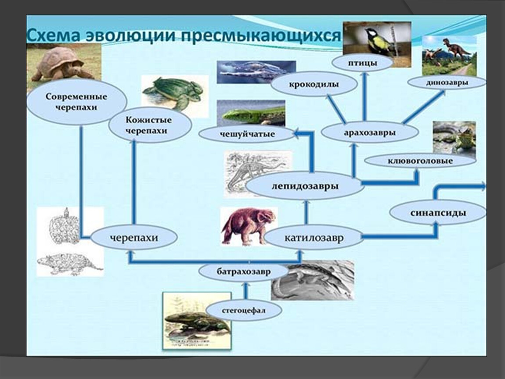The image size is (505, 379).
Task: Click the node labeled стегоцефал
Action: (x=244, y=311)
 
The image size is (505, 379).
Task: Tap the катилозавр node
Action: (x=314, y=238)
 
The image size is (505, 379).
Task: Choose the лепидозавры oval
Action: (x=305, y=186)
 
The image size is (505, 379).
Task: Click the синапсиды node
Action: (x=438, y=213)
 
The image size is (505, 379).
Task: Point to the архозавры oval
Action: (x=370, y=132)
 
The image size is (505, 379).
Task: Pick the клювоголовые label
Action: (x=420, y=161)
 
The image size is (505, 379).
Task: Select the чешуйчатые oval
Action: (x=247, y=134)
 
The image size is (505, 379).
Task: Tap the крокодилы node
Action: (x=314, y=85)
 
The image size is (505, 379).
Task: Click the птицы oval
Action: (x=362, y=63)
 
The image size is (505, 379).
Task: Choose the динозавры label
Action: (x=447, y=82)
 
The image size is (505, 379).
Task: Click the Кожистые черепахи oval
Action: (x=150, y=125)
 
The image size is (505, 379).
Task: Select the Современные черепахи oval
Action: (x=76, y=102)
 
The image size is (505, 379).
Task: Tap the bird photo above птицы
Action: (x=377, y=40)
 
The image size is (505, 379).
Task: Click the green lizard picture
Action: (x=251, y=113)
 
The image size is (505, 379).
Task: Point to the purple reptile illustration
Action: (x=249, y=226)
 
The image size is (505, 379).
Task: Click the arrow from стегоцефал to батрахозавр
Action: (x=246, y=291)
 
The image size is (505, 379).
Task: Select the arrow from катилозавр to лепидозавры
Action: (x=307, y=212)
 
